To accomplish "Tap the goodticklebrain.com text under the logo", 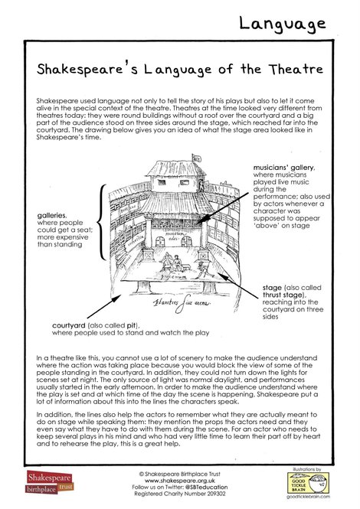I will click(313, 500).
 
